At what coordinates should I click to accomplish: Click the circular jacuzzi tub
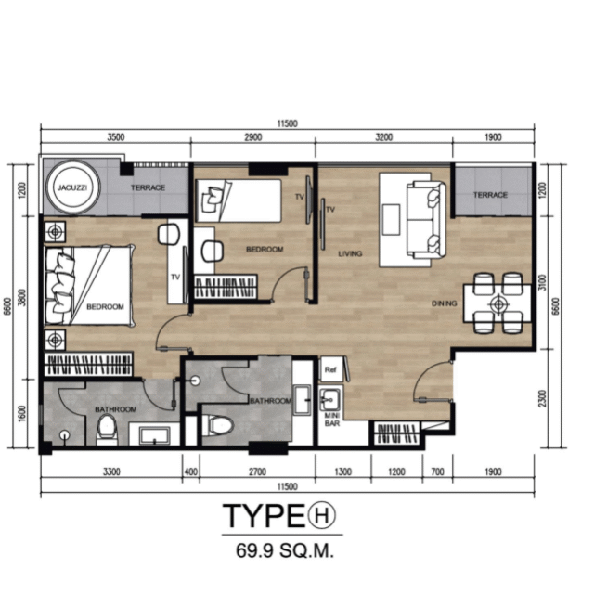73,187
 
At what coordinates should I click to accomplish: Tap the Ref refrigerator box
330,369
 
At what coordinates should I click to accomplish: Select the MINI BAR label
332,420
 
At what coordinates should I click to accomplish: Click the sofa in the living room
426,220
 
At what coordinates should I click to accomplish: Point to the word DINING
444,303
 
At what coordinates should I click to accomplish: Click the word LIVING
350,253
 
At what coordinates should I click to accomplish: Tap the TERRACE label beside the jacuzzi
148,187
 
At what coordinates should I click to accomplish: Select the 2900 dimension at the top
253,136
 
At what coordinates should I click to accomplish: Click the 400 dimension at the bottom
191,471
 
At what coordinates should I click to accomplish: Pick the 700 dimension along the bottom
437,471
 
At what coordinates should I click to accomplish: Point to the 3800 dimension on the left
22,298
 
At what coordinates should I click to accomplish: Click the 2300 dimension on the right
542,398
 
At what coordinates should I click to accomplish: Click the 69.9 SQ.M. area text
285,550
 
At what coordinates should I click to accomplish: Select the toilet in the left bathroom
107,430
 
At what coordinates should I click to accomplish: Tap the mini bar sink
329,400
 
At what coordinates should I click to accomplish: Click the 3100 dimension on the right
542,282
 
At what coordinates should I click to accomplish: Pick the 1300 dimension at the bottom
343,471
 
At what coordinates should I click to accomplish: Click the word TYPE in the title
264,515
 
